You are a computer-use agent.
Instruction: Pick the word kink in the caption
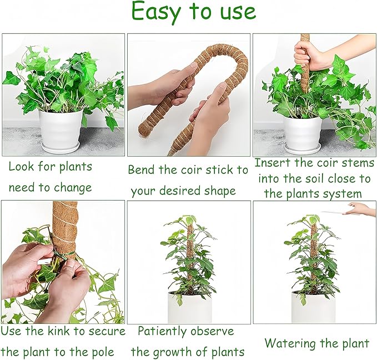56,332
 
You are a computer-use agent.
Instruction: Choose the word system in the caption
346,194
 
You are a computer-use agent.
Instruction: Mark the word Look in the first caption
21,167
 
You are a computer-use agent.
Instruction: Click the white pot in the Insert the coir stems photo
303,133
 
